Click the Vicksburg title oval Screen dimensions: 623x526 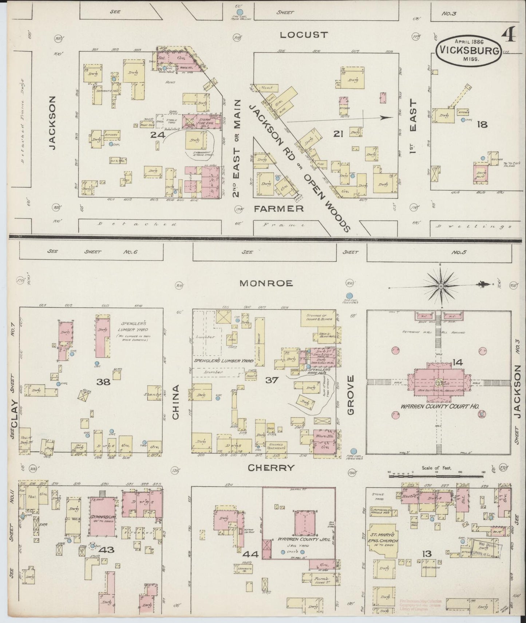click(469, 51)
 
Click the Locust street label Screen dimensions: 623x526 click(304, 35)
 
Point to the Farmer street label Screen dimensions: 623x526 click(279, 209)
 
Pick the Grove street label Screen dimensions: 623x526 click(351, 395)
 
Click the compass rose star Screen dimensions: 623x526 click(441, 286)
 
